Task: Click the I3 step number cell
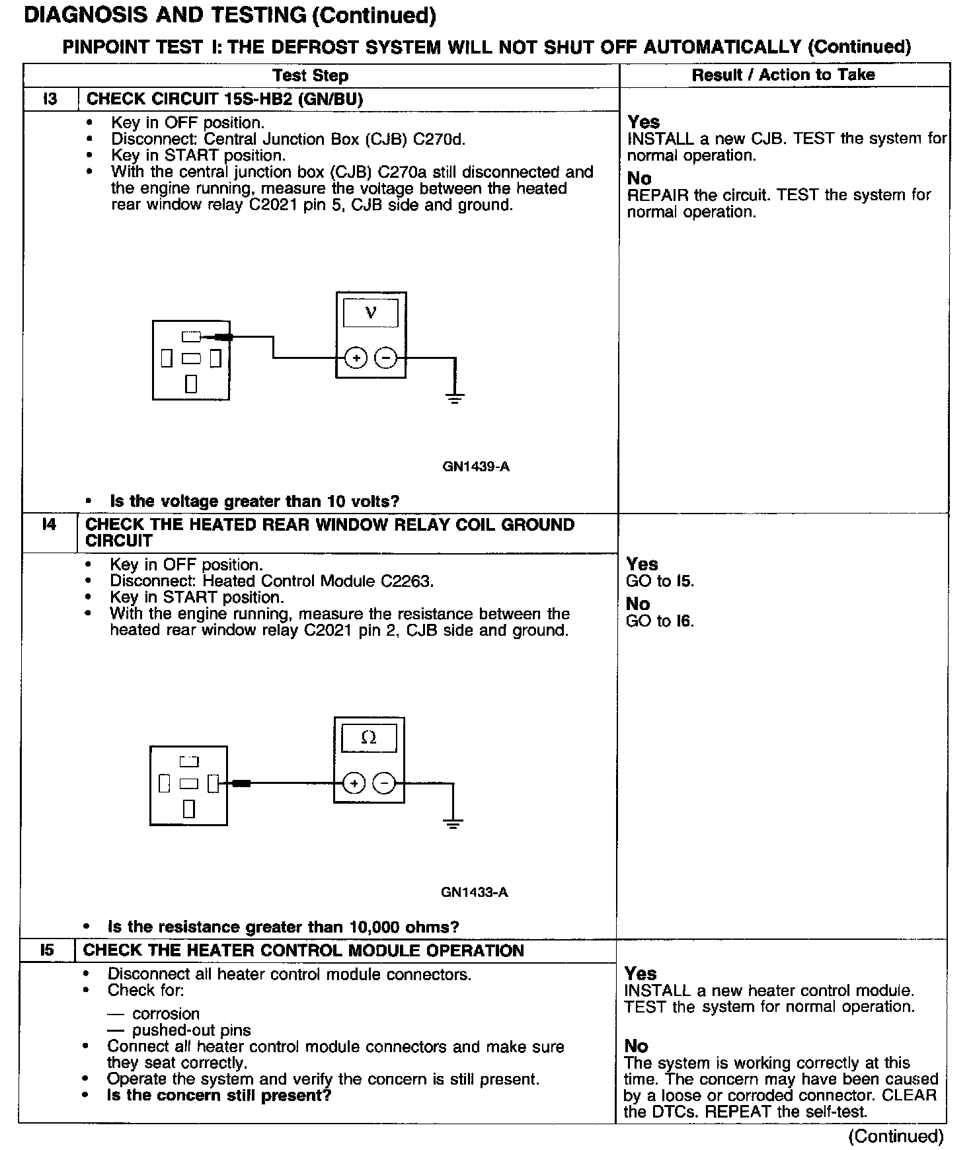point(50,99)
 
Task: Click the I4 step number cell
point(49,525)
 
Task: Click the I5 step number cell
point(47,950)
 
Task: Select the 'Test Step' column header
point(311,75)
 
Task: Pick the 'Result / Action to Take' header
point(783,75)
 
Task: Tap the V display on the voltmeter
point(371,313)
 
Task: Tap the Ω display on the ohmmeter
point(369,738)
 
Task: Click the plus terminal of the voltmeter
point(356,358)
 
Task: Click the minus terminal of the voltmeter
point(386,358)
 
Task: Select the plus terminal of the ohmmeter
point(354,784)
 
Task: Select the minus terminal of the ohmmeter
point(384,784)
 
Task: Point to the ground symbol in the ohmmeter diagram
point(453,823)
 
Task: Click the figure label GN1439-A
point(476,467)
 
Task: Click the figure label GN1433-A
point(475,892)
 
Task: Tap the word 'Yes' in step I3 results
point(644,122)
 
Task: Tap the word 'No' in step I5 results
point(637,1046)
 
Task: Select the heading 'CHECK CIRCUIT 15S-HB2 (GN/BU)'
point(225,99)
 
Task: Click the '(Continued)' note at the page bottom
point(896,1135)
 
